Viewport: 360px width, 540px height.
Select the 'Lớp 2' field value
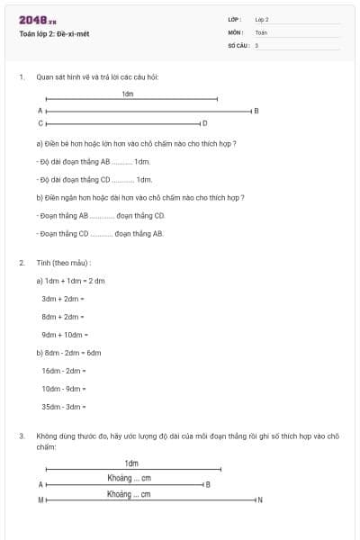pyautogui.click(x=262, y=19)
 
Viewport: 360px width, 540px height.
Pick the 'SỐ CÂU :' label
pyautogui.click(x=238, y=44)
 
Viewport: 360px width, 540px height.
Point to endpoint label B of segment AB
pyautogui.click(x=256, y=111)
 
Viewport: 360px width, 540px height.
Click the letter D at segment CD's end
pyautogui.click(x=205, y=123)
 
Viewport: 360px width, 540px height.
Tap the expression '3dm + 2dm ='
pyautogui.click(x=63, y=298)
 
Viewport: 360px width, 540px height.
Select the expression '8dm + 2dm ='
pyautogui.click(x=63, y=316)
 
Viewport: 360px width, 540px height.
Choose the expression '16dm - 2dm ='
pyautogui.click(x=64, y=370)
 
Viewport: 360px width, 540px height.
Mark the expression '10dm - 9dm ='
pyautogui.click(x=64, y=388)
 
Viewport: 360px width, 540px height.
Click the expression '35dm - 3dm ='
pyautogui.click(x=64, y=406)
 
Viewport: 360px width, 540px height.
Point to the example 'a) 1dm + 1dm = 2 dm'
pyautogui.click(x=71, y=280)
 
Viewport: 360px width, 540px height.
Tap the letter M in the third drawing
pyautogui.click(x=40, y=499)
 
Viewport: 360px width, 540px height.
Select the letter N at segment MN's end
pyautogui.click(x=260, y=499)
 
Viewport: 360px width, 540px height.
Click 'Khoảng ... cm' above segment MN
pyautogui.click(x=129, y=494)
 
